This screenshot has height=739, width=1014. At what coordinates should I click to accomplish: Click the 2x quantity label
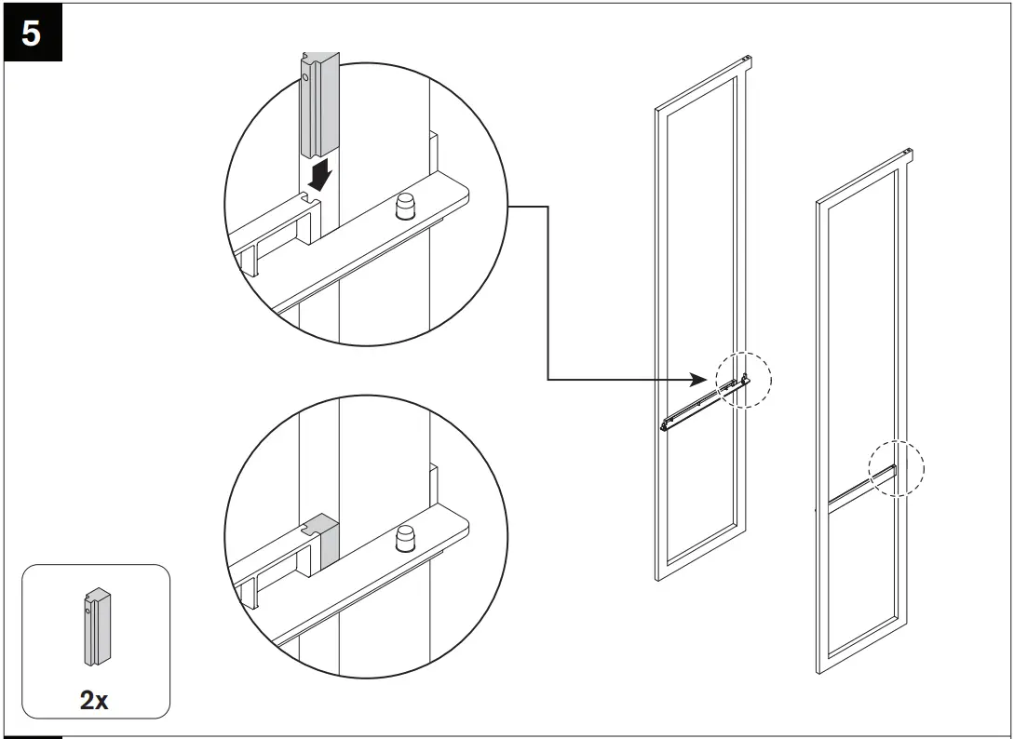94,700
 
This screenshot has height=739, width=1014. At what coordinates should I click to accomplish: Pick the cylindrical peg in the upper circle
406,207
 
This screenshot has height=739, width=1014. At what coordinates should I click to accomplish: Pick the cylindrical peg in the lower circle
406,538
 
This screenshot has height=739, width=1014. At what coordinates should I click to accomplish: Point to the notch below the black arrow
310,199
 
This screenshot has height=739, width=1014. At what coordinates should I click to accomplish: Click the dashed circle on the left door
744,380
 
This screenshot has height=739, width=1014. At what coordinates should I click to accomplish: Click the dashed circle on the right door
896,467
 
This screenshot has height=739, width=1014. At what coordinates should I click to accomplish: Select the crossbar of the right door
855,489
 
